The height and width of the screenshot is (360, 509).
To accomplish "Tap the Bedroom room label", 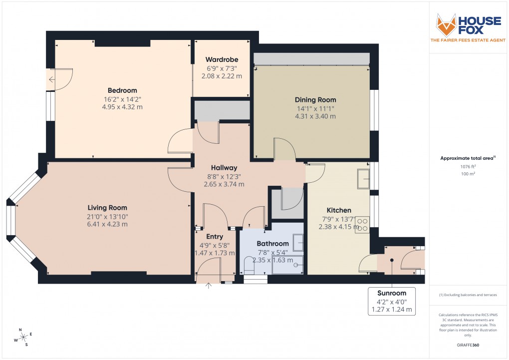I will click(122, 90).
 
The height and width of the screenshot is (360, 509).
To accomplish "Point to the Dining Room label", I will click(315, 100).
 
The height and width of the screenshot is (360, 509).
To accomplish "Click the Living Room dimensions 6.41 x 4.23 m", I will click(107, 224).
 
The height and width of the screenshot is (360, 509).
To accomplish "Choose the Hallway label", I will click(224, 168).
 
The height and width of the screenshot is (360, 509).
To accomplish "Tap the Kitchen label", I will click(339, 210).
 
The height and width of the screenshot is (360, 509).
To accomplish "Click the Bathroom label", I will click(273, 244).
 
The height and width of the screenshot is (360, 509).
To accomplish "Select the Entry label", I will click(214, 237).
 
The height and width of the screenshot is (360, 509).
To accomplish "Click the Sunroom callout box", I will click(392, 301).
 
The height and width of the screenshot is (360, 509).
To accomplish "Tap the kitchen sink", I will click(363, 178).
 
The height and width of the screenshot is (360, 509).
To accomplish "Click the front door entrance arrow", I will click(209, 286).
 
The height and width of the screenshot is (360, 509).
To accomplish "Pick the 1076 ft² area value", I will click(468, 166).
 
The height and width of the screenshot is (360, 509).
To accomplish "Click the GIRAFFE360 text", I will click(468, 345).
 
